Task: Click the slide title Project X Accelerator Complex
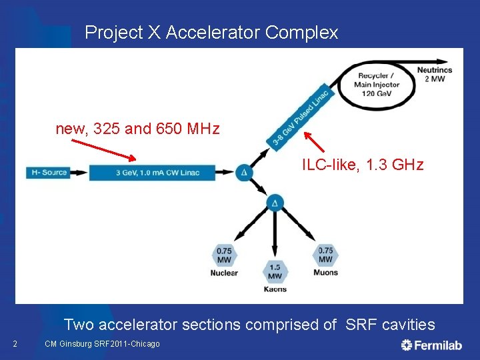pos(211,32)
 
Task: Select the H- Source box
pos(49,172)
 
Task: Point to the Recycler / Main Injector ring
pos(377,85)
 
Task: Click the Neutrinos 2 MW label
pos(434,74)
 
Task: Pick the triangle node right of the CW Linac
pos(245,173)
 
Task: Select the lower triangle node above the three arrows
pos(275,203)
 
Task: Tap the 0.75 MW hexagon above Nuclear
pos(224,255)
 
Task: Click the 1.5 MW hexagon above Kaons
pos(275,272)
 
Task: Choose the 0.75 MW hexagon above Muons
pos(325,255)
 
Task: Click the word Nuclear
pos(224,273)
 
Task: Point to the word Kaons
pos(275,289)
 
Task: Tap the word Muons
pos(325,272)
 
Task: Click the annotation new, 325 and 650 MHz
pos(137,129)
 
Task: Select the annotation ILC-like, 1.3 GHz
pos(363,164)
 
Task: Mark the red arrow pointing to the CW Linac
pos(103,150)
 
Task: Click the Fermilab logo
pos(433,344)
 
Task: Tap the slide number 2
pos(15,344)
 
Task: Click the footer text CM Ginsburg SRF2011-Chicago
pos(102,344)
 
